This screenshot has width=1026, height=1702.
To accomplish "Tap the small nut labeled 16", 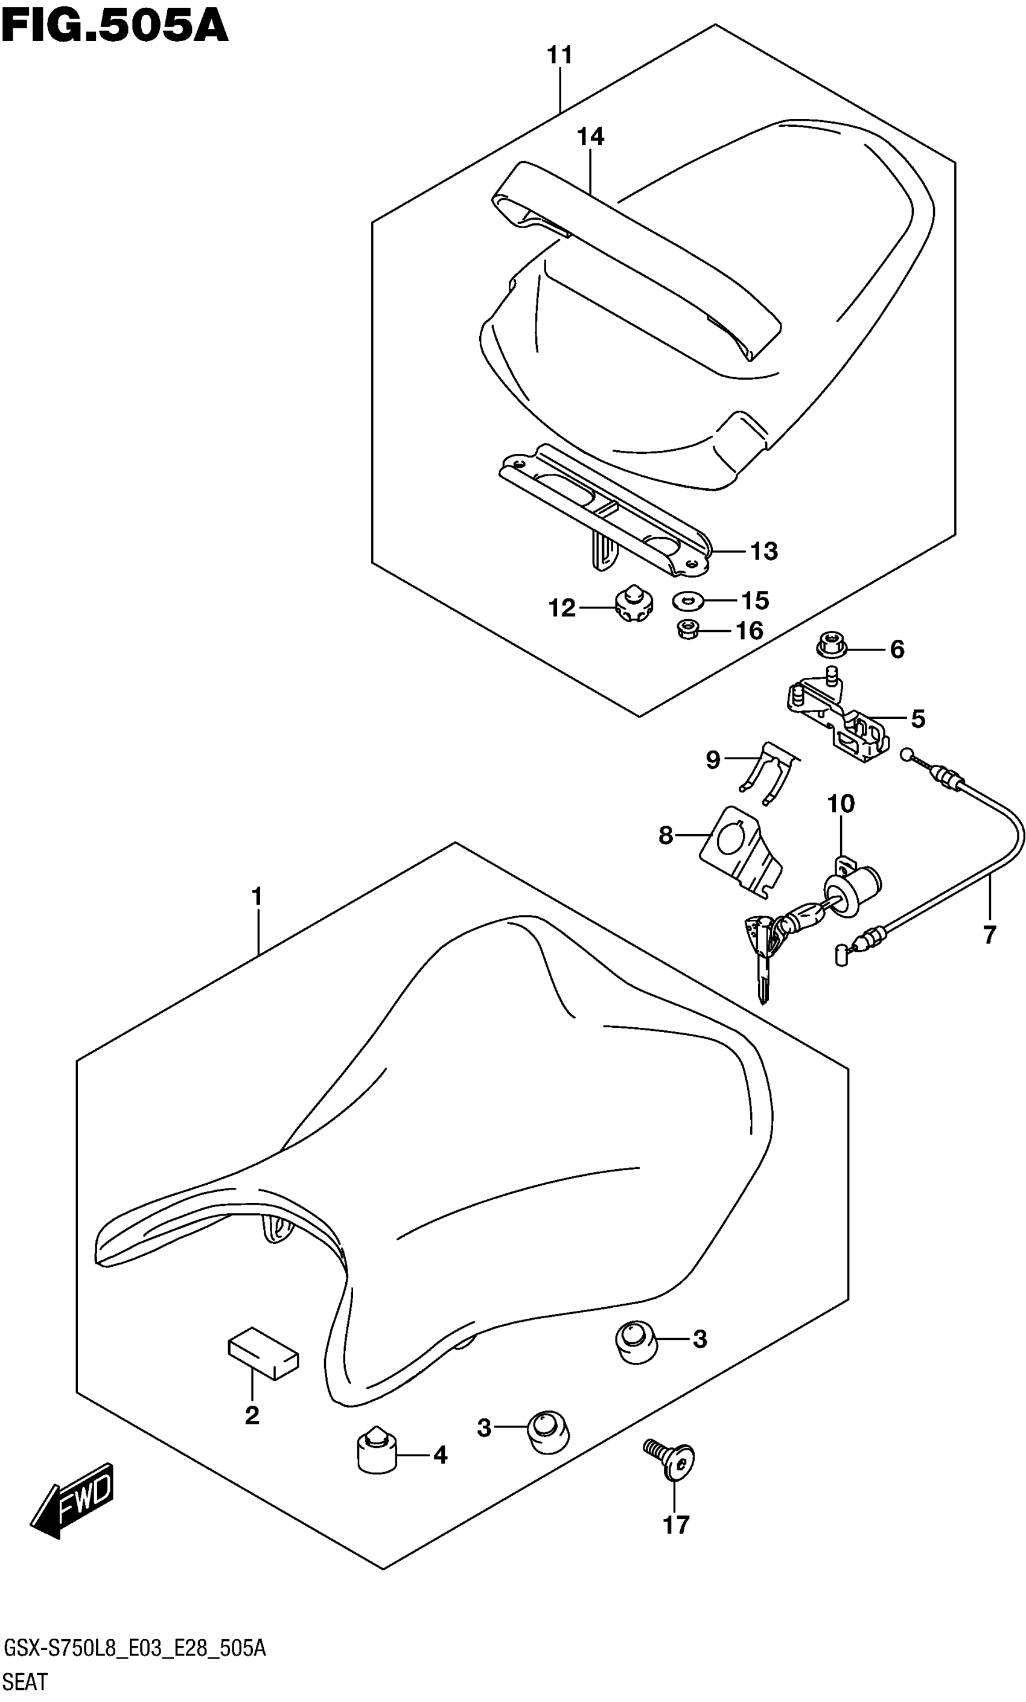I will (687, 629).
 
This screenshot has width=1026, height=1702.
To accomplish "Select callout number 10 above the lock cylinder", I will (840, 803).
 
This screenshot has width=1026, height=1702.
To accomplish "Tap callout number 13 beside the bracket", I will (763, 551).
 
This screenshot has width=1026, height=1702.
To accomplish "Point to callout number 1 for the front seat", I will (257, 897).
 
